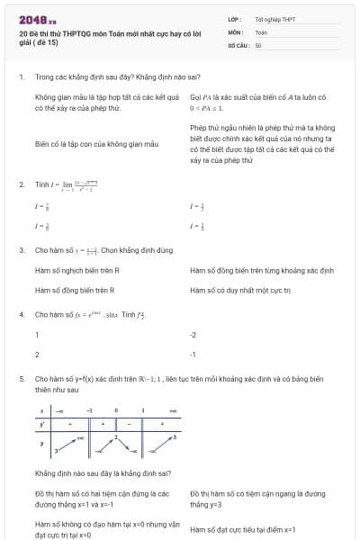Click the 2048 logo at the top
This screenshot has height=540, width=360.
click(x=37, y=18)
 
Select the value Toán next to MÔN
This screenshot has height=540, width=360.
click(x=261, y=31)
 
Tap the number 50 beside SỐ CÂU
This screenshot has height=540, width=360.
click(x=258, y=44)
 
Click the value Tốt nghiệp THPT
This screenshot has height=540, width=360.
click(x=274, y=19)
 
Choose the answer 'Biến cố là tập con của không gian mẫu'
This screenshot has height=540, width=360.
click(x=96, y=143)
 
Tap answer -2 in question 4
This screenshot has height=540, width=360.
click(x=193, y=335)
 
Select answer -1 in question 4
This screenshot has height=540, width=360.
click(x=193, y=355)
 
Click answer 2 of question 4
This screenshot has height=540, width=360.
click(x=37, y=355)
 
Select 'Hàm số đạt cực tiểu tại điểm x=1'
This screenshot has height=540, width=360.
click(x=243, y=529)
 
